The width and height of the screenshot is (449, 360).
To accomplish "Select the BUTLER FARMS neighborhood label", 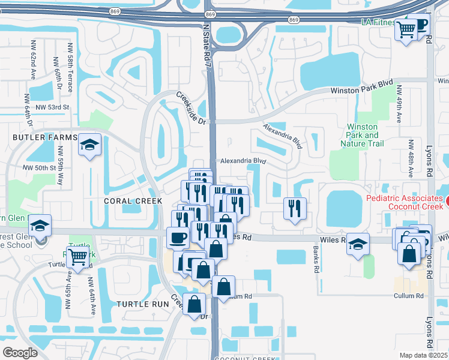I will pos(38,137).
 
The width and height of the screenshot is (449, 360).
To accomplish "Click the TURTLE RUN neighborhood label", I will pos(143,304).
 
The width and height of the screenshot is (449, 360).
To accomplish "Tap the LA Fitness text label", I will pos(378,22).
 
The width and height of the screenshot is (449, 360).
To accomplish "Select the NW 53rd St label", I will pos(53,107).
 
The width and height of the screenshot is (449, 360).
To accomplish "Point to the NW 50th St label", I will pos(39,168).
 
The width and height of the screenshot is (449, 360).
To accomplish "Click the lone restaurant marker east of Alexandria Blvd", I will pos(294,208).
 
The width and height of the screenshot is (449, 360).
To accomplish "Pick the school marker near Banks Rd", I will pos(358,244).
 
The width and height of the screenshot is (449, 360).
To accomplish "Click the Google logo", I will pos(20,352).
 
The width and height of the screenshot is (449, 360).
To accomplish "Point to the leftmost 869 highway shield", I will pos(115,11).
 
